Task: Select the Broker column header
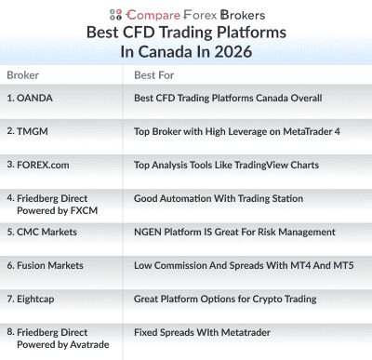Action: coord(22,74)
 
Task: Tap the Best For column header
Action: coord(153,74)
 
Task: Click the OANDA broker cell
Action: coord(36,98)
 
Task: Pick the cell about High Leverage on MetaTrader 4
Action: coord(236,131)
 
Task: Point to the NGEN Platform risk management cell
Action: coord(240,231)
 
